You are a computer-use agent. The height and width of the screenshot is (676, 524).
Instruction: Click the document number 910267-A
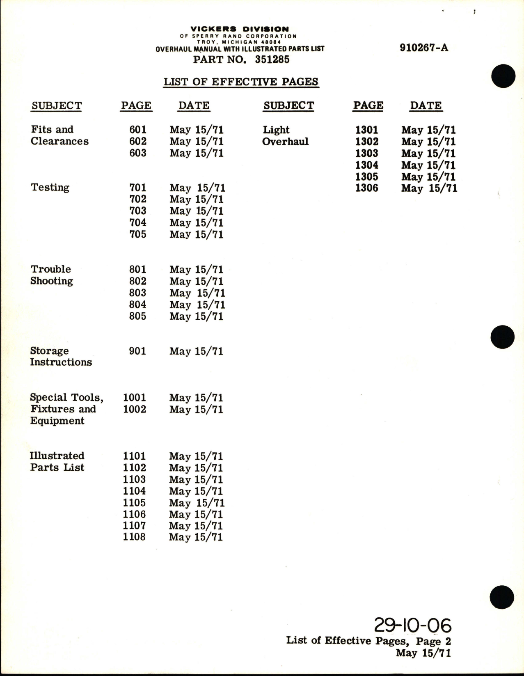point(424,48)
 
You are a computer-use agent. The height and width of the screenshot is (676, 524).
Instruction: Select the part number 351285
point(272,60)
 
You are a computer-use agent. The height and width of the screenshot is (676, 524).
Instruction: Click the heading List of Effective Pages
point(241,82)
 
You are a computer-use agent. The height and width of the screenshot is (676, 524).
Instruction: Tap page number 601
point(137,130)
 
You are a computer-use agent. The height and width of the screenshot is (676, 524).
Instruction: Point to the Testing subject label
point(50,188)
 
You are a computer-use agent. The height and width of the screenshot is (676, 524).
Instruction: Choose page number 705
point(137,234)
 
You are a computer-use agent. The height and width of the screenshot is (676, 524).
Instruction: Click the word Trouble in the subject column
point(51,269)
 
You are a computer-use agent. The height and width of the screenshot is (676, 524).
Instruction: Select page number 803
point(137,293)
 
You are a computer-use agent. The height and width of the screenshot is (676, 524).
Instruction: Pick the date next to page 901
point(196,351)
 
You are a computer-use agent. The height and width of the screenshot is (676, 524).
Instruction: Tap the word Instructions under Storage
point(61,362)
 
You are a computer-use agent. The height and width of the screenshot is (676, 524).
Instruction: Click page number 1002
point(135,409)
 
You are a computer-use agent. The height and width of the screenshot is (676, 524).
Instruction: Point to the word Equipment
point(57,421)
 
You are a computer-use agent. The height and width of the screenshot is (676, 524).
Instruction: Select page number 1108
point(134,537)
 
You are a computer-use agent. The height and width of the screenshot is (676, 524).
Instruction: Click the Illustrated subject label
point(57,456)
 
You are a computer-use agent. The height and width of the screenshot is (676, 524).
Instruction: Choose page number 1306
point(366,188)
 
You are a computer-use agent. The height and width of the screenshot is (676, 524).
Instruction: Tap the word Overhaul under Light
point(285,142)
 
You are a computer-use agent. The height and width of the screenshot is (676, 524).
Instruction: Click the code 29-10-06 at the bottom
point(412,626)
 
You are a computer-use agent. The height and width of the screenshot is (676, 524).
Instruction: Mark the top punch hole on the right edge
point(503,77)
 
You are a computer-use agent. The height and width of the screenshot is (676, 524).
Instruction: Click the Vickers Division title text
point(240,29)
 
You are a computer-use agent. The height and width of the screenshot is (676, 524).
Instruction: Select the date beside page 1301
point(428,130)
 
